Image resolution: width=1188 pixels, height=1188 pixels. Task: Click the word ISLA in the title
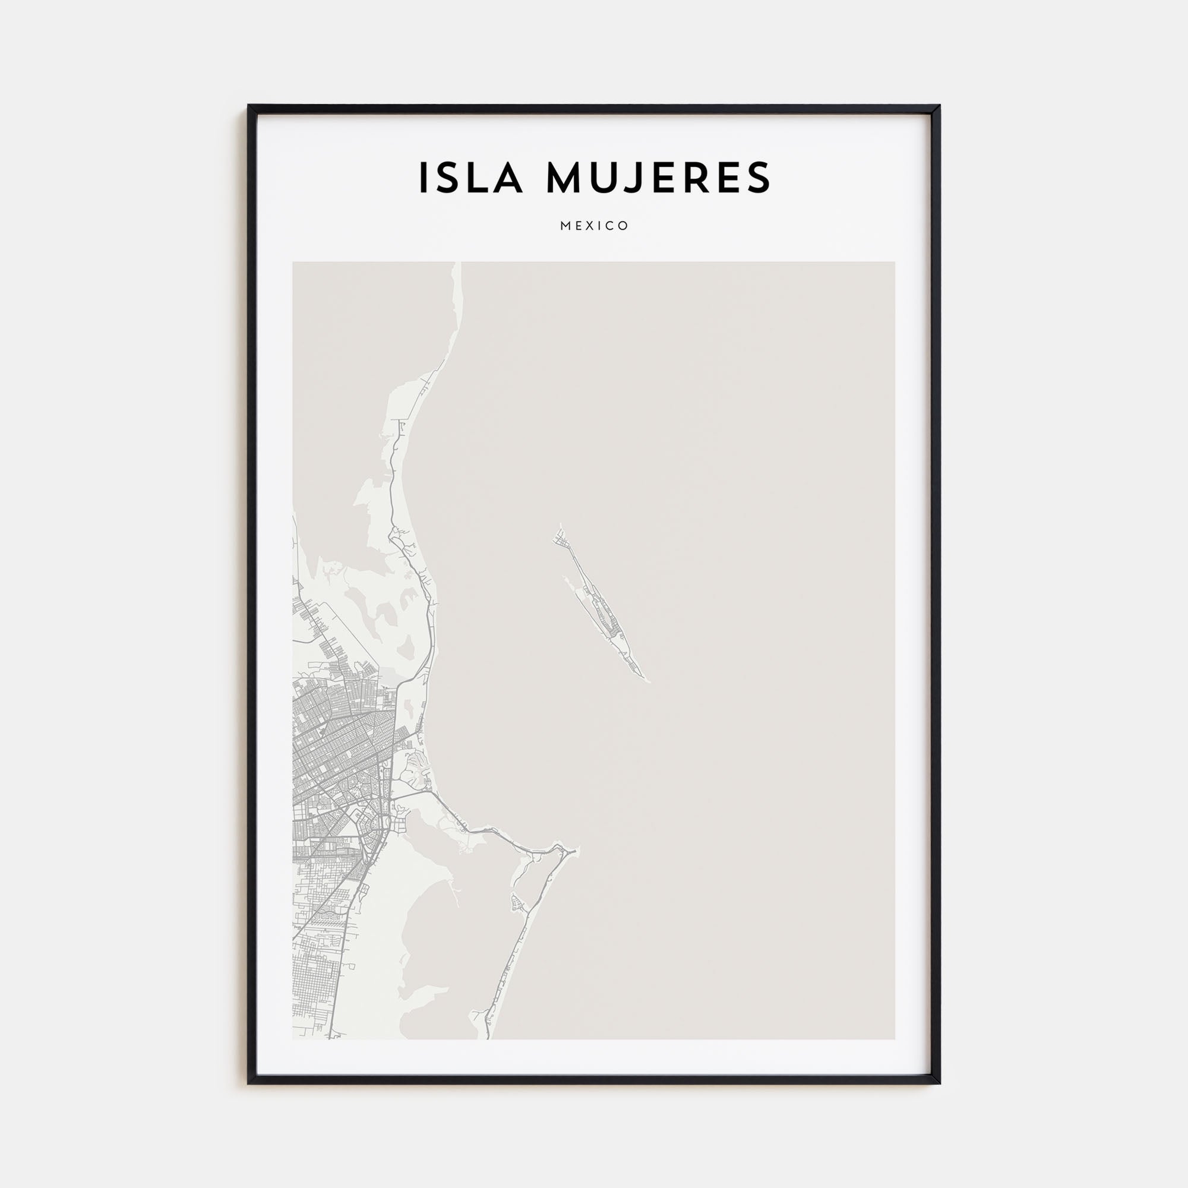[x=470, y=178]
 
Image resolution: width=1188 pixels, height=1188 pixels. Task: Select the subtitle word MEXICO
[x=594, y=226]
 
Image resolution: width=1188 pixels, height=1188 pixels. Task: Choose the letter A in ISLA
[x=510, y=178]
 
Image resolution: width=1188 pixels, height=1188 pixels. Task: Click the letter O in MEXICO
[x=624, y=226]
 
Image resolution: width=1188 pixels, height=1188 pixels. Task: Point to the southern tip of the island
[x=647, y=681]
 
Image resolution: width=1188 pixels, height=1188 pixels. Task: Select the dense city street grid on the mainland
[x=338, y=769]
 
